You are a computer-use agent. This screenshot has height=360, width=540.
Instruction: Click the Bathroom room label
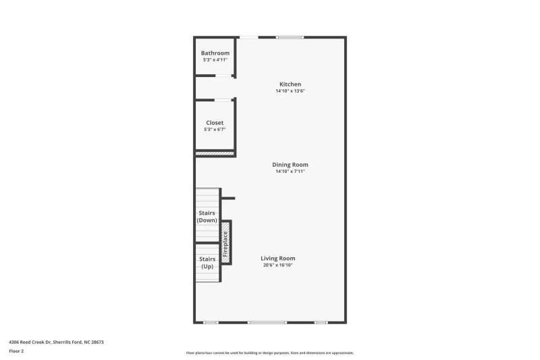pyautogui.click(x=215, y=53)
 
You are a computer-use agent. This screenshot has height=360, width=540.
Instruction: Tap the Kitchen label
pyautogui.click(x=290, y=84)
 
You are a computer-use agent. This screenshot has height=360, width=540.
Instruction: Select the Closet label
pyautogui.click(x=215, y=123)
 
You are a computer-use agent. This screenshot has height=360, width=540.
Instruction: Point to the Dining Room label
pyautogui.click(x=290, y=165)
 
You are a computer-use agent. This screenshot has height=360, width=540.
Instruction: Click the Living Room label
pyautogui.click(x=278, y=258)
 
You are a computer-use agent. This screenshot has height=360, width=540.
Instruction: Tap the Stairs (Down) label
pyautogui.click(x=207, y=217)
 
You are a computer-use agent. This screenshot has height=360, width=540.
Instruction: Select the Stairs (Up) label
pyautogui.click(x=207, y=262)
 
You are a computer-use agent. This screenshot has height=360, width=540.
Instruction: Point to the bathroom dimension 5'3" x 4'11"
pyautogui.click(x=215, y=60)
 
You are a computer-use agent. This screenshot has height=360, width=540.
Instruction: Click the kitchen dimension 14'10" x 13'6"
pyautogui.click(x=290, y=91)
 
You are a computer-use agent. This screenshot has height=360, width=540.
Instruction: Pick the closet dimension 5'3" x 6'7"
pyautogui.click(x=215, y=130)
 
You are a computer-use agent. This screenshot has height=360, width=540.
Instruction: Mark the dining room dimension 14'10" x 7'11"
pyautogui.click(x=290, y=172)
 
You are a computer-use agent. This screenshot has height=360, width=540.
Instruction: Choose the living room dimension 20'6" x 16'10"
pyautogui.click(x=278, y=265)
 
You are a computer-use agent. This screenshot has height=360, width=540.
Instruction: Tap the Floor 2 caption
pyautogui.click(x=17, y=351)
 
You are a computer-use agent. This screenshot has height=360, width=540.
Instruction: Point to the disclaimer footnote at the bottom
pyautogui.click(x=269, y=353)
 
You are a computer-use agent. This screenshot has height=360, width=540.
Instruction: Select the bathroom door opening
pyautogui.click(x=224, y=76)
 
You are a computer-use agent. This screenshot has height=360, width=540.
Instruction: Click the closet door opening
pyautogui.click(x=223, y=100)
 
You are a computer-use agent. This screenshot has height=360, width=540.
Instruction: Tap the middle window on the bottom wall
pyautogui.click(x=267, y=322)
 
